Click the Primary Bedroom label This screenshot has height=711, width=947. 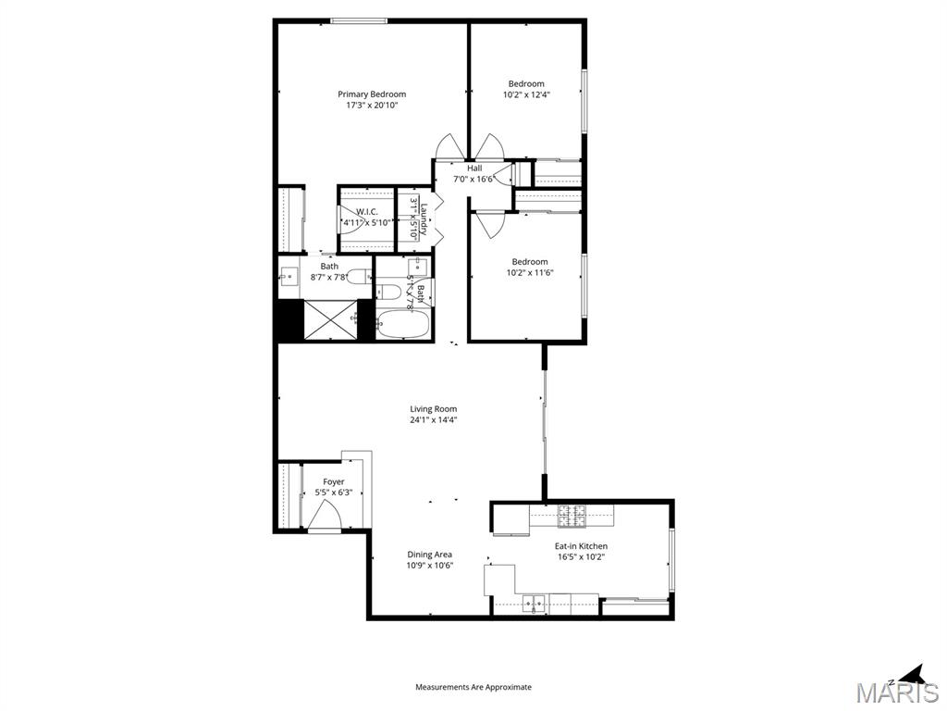pos(371,94)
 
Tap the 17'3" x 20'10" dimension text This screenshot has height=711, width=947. pos(371,106)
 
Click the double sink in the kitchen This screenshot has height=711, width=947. pos(534,605)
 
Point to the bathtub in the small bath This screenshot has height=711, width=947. pos(403,325)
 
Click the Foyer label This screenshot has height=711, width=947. pos(334,481)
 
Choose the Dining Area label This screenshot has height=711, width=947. pos(430,555)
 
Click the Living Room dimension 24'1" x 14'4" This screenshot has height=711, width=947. pos(434,419)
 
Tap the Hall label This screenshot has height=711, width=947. pos(474,168)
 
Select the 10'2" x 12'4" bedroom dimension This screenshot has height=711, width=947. pos(526,94)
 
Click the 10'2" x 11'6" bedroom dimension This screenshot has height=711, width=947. pos(530,272)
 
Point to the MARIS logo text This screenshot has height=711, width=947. pos(896,692)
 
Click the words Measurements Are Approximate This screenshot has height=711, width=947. pos(473,687)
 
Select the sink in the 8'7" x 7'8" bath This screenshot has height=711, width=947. pos(289,275)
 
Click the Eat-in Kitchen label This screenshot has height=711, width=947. pos(581,545)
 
